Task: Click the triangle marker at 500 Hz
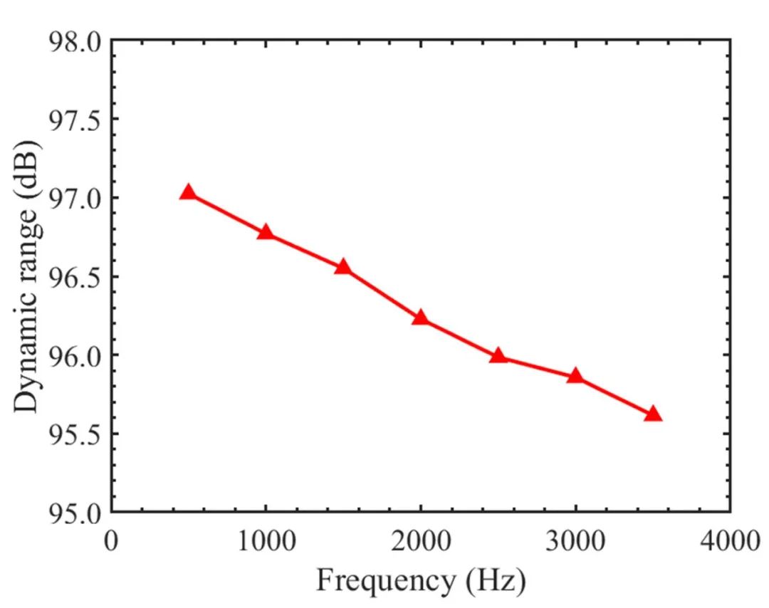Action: pyautogui.click(x=188, y=192)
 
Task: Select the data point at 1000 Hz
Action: pyautogui.click(x=266, y=232)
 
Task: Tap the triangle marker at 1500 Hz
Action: pyautogui.click(x=343, y=267)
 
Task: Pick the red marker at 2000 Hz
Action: pyautogui.click(x=420, y=318)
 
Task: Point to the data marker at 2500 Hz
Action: pyautogui.click(x=498, y=356)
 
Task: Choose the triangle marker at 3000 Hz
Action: pyautogui.click(x=575, y=376)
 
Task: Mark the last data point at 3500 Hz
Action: pyautogui.click(x=652, y=414)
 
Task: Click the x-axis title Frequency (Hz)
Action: pyautogui.click(x=421, y=581)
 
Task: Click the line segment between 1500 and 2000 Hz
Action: pyautogui.click(x=382, y=293)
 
